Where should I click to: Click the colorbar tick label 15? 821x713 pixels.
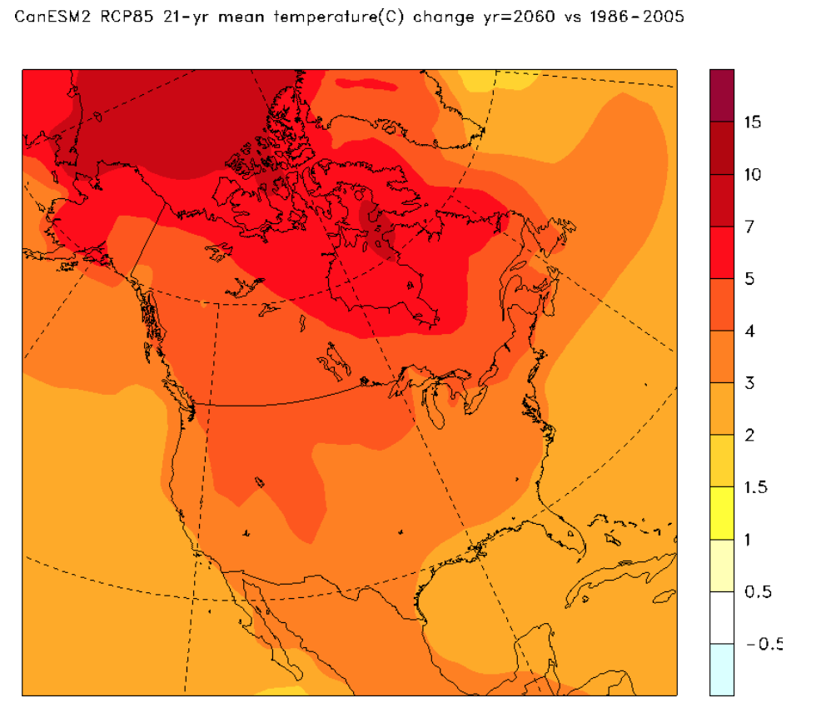[753, 122]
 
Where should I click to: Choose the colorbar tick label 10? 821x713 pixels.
[753, 175]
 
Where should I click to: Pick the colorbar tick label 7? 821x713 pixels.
[749, 227]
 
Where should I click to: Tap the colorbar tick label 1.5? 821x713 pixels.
[754, 487]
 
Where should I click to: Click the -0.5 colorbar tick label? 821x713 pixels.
[763, 644]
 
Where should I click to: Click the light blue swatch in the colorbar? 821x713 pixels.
[722, 670]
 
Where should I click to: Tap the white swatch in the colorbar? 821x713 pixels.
[722, 617]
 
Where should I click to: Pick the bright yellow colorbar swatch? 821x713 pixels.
[722, 513]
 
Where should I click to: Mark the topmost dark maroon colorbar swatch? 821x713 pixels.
[722, 95]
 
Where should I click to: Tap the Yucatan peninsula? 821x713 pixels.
[533, 650]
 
